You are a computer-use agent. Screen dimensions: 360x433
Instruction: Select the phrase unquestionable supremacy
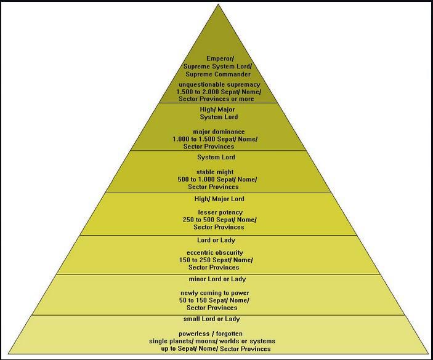coord(219,84)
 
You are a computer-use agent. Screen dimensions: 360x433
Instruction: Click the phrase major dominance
coord(219,132)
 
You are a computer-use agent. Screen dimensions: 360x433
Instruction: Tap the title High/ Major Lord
coord(219,199)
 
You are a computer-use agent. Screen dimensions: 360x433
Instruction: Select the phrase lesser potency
coord(216,212)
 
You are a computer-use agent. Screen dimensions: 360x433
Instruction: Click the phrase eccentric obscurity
coord(215,252)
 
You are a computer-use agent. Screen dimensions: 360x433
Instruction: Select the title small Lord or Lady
coord(212,319)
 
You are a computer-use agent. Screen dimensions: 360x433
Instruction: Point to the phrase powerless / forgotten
coord(212,334)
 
